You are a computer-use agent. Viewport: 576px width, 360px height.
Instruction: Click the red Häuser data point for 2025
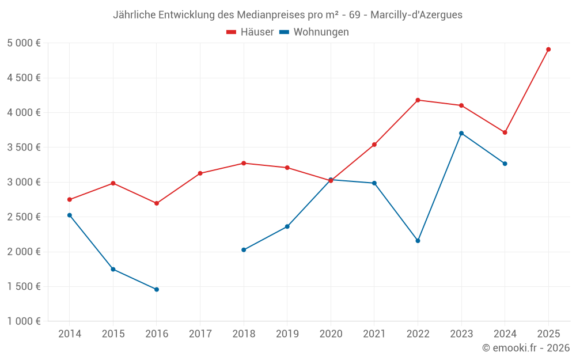pos(548,50)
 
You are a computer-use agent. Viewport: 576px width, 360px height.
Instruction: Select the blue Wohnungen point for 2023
pos(461,133)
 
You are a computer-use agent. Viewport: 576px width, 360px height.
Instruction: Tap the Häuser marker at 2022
pos(418,100)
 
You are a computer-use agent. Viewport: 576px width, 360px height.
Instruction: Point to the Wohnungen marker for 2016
pos(157,289)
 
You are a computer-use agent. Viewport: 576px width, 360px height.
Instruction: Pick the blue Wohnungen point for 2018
pos(244,250)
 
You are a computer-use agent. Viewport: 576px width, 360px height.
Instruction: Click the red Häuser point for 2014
pos(70,200)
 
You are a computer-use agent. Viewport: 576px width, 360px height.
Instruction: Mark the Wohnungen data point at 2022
pos(418,241)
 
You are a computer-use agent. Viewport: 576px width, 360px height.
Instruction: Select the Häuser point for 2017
pos(200,173)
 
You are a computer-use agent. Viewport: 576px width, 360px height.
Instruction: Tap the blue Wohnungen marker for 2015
pos(113,269)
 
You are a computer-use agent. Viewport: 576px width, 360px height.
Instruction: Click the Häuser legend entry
pos(250,32)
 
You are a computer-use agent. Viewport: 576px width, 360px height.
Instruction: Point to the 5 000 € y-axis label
pos(24,43)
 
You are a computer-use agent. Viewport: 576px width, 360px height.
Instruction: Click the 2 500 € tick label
pos(24,217)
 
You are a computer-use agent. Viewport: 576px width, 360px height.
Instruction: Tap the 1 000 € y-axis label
pos(24,321)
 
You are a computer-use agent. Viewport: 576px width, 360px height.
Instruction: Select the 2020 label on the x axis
pos(331,334)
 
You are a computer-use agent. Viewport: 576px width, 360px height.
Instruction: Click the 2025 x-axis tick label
pos(548,334)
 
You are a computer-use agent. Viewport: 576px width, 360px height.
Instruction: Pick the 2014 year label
pos(70,334)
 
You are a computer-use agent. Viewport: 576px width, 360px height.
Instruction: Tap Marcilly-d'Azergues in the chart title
pos(416,15)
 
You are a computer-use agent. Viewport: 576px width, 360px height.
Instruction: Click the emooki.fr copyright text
pos(526,348)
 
